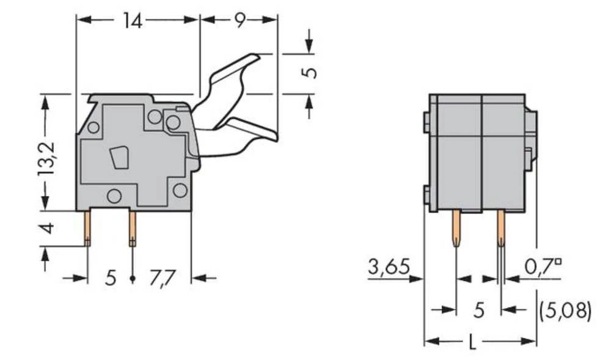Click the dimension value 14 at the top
(x=132, y=21)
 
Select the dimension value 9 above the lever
(x=239, y=21)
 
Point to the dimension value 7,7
(x=163, y=279)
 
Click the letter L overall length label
(x=472, y=343)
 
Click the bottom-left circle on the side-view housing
(x=114, y=196)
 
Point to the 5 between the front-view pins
(x=479, y=310)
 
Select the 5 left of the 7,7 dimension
(x=109, y=279)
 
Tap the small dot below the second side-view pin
(x=133, y=279)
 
